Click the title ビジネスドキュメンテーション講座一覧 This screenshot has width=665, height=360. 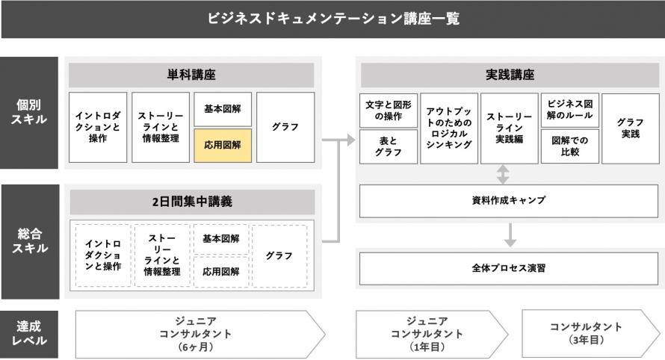[x=333, y=19]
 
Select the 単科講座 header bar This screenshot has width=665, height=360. [x=191, y=75]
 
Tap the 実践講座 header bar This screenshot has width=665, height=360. [x=510, y=75]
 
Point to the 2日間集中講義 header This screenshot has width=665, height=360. [x=192, y=202]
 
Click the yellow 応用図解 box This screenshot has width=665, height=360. [x=223, y=146]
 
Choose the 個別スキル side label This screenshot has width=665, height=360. [x=29, y=112]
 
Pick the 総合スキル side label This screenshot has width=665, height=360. [x=30, y=241]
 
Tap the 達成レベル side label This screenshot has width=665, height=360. [x=29, y=334]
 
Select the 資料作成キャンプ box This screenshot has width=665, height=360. [x=509, y=201]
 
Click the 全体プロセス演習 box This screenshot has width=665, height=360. [x=509, y=268]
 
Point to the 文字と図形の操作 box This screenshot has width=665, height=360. [x=389, y=111]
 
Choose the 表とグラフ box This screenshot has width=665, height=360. [x=389, y=146]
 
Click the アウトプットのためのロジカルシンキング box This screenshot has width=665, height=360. [x=449, y=128]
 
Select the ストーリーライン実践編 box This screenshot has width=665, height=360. [x=510, y=128]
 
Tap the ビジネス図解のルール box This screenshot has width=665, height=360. [x=570, y=111]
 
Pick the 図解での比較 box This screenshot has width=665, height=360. [x=570, y=146]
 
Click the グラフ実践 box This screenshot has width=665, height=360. [x=631, y=128]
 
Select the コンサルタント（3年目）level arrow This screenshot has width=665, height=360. [x=591, y=334]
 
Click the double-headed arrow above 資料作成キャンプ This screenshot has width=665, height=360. [x=503, y=174]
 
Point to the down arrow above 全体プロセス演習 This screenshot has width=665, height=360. [x=510, y=235]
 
